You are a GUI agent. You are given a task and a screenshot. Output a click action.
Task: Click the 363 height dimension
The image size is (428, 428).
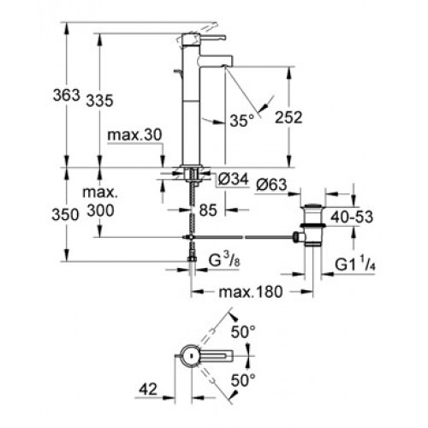(x=67, y=95)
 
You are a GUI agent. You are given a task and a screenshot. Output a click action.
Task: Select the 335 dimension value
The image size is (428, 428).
(x=100, y=101)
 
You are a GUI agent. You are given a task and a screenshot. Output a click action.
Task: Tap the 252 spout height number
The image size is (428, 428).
(x=288, y=117)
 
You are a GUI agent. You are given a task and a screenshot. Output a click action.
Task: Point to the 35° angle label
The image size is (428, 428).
(x=242, y=121)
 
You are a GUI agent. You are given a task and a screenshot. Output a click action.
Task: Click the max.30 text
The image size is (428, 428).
(x=134, y=134)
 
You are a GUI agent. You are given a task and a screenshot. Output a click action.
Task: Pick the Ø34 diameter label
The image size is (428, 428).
(x=233, y=180)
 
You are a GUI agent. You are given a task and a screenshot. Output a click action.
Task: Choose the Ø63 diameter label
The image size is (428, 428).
(x=271, y=185)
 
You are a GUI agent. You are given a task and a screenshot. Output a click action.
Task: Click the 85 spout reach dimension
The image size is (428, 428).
(x=208, y=211)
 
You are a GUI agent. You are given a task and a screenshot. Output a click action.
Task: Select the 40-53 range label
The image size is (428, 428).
(x=352, y=217)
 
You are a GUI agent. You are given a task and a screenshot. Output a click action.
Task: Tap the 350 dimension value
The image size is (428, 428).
(x=65, y=215)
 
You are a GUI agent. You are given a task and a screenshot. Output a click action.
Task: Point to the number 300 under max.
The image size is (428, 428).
(x=100, y=211)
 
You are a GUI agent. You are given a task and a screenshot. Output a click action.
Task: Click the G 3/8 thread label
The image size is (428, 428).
(x=224, y=260)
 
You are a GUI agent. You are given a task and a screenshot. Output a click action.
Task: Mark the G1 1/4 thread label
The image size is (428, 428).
(x=355, y=265)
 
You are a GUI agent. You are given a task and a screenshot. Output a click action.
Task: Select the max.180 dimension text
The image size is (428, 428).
(x=251, y=292)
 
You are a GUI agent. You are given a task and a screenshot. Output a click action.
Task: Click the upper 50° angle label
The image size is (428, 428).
(x=243, y=332)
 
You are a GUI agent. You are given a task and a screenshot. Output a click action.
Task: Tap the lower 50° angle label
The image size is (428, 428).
(x=243, y=380)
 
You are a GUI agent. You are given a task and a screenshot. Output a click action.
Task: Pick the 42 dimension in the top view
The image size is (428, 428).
(x=148, y=389)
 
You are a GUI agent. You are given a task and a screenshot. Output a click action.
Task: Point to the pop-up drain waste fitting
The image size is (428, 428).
(x=312, y=225)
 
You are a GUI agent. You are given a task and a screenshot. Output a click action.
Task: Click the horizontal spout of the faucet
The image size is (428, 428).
(x=217, y=61)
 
